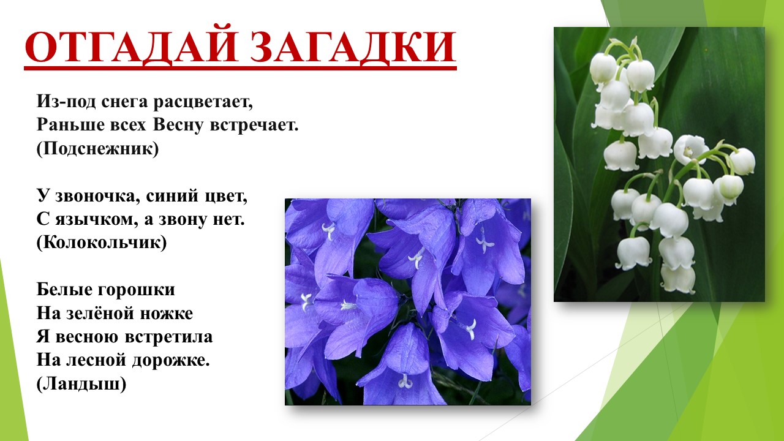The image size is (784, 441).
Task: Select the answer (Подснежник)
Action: [x=97, y=149]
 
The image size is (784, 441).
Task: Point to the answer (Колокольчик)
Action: [x=102, y=243]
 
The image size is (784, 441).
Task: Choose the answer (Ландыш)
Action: [x=81, y=384]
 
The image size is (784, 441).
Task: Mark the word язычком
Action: [x=95, y=220]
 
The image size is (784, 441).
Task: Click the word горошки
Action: [x=136, y=290]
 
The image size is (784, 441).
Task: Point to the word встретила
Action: [x=168, y=337]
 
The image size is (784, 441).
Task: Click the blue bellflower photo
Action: [x=408, y=302]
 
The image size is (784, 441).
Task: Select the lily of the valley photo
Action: [x=659, y=165]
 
